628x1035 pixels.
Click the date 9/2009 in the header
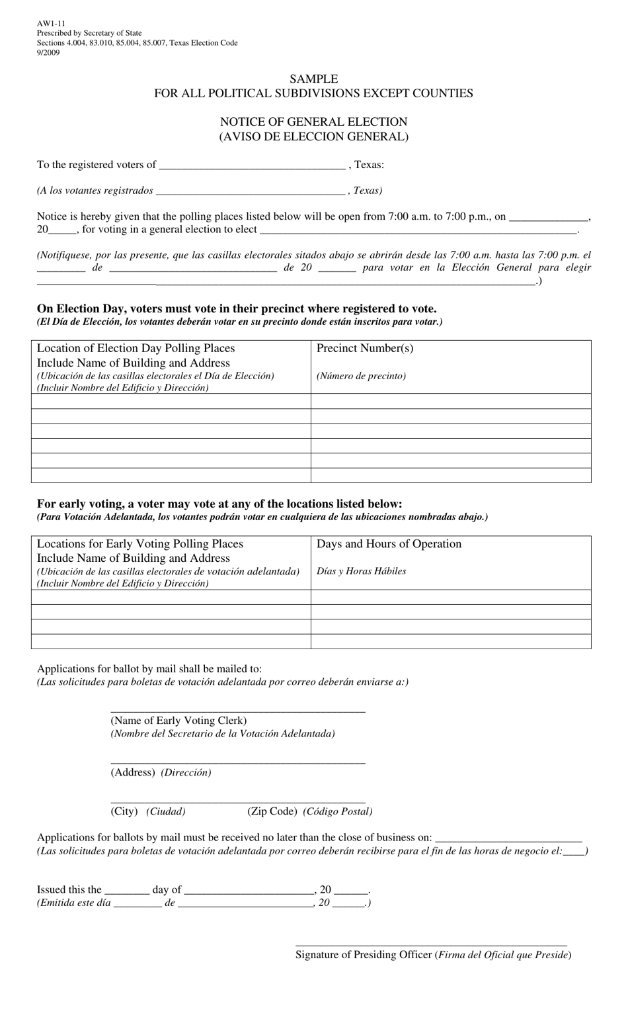click(x=48, y=53)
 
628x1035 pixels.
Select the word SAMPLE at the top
click(x=313, y=79)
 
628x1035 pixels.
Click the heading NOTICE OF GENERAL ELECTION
click(x=313, y=122)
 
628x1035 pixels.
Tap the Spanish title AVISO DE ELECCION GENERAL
click(x=313, y=137)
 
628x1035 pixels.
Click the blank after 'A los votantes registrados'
click(x=250, y=191)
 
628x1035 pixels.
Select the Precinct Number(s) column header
click(x=365, y=349)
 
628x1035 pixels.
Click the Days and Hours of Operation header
click(x=389, y=544)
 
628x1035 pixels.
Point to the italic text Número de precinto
click(x=361, y=376)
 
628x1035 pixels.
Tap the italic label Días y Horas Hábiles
click(x=361, y=571)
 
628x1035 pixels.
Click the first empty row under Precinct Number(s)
click(x=450, y=401)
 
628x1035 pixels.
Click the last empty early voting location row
click(x=171, y=641)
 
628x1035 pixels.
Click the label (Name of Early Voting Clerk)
click(x=178, y=721)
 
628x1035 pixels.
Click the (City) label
click(x=124, y=811)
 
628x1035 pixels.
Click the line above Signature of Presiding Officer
click(x=430, y=944)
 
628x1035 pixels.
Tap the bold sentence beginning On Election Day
click(x=236, y=308)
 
